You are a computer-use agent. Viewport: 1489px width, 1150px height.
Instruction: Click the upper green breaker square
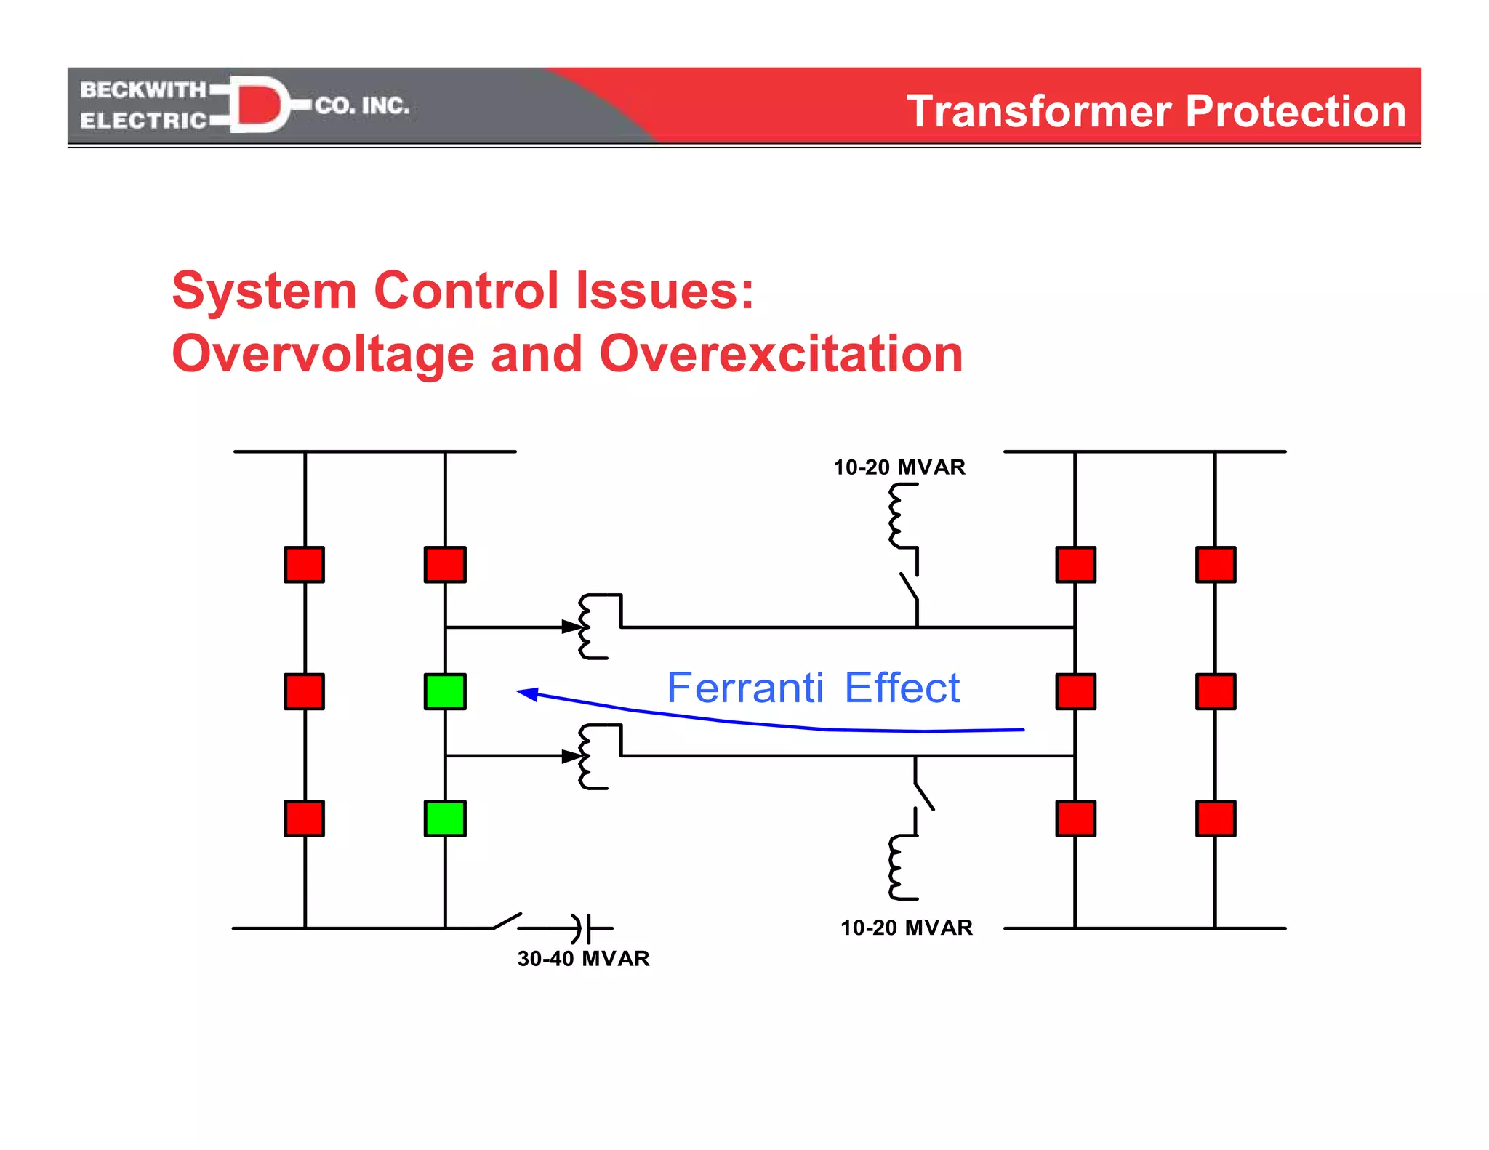[x=445, y=691]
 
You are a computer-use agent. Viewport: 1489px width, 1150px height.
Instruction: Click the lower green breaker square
[x=445, y=819]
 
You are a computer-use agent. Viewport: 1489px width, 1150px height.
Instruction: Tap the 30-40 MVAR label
[x=583, y=958]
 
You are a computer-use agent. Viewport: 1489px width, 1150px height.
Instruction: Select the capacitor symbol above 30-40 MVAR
[x=582, y=928]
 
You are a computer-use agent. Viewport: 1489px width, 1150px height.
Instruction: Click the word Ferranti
[x=745, y=688]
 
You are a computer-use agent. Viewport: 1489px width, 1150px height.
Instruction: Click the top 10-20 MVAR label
[x=899, y=467]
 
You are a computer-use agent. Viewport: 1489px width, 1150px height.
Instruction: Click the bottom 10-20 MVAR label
[x=906, y=928]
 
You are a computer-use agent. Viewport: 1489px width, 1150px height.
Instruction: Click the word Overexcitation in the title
[x=781, y=354]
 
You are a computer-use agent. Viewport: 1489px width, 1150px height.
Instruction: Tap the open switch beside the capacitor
[x=507, y=921]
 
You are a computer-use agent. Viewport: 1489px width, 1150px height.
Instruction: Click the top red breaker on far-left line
[x=304, y=565]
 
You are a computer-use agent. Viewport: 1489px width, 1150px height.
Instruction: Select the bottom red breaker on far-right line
[x=1215, y=819]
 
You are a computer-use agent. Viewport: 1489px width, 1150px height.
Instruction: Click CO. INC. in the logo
[x=362, y=106]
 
